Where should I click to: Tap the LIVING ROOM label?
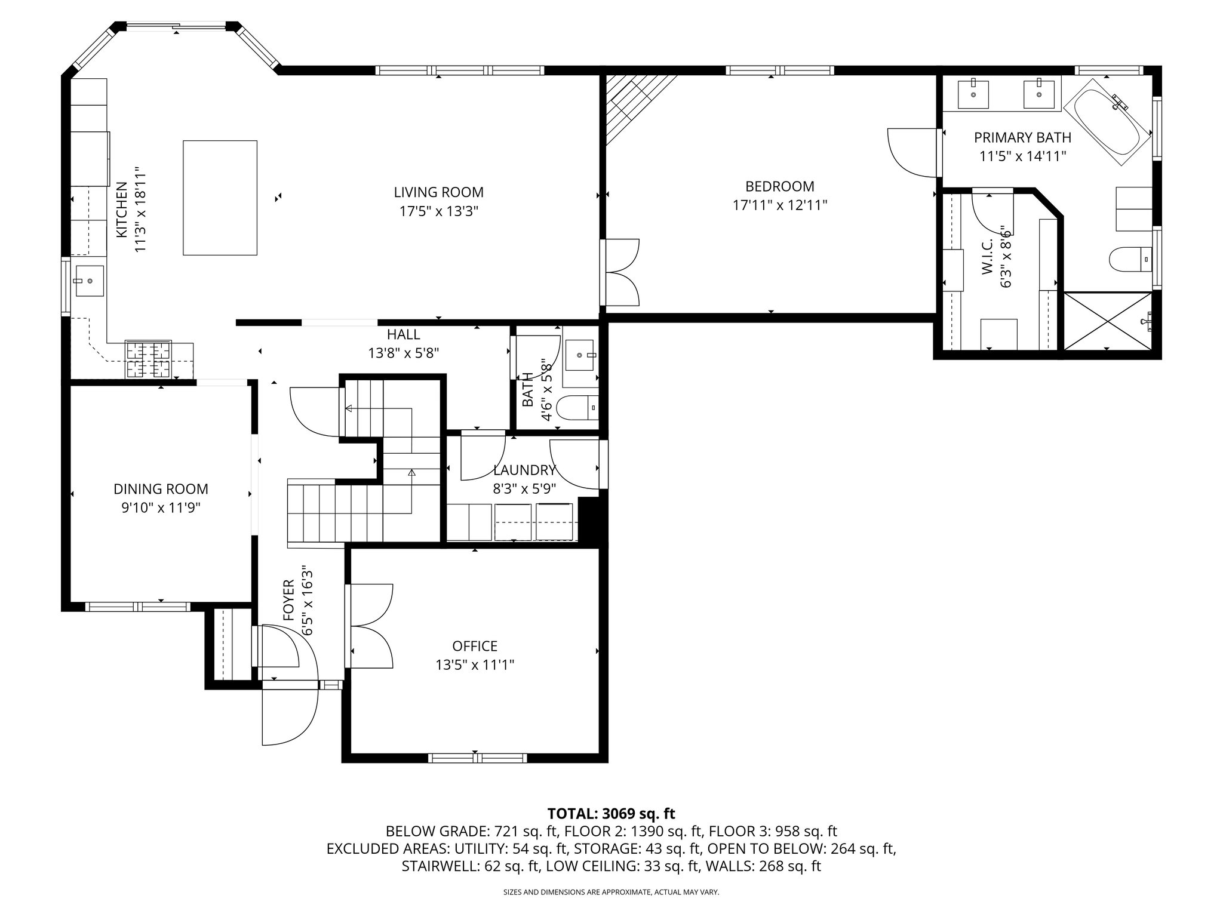pos(438,192)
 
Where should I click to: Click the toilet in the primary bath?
pos(1129,259)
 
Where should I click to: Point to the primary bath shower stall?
pos(1107,321)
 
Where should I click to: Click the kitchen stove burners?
pos(148,359)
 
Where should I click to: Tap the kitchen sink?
pos(89,281)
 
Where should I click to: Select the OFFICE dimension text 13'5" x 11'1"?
pos(475,664)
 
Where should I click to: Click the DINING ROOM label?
pos(161,489)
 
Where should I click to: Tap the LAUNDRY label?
pos(524,470)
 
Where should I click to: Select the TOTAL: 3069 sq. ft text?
pos(611,813)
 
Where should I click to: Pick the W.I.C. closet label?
pos(987,257)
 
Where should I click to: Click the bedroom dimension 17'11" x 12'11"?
pos(779,205)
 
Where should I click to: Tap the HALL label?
pos(403,334)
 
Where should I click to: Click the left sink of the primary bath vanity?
pos(973,93)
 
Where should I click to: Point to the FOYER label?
pos(288,600)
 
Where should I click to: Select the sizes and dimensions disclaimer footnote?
pos(611,893)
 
